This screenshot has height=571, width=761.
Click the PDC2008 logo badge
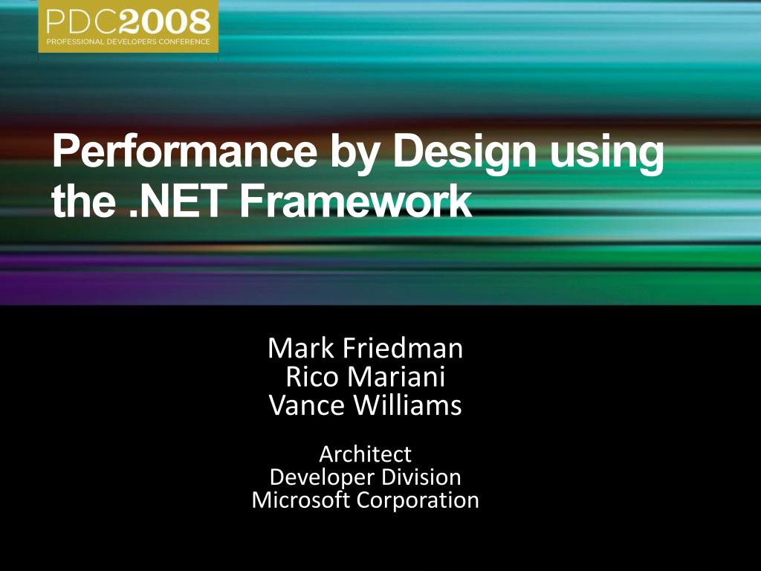[129, 26]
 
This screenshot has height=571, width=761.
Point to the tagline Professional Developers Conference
[129, 41]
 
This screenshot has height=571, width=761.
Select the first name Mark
[299, 348]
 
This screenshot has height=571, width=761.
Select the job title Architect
[365, 454]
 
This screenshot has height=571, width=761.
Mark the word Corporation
[418, 500]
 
